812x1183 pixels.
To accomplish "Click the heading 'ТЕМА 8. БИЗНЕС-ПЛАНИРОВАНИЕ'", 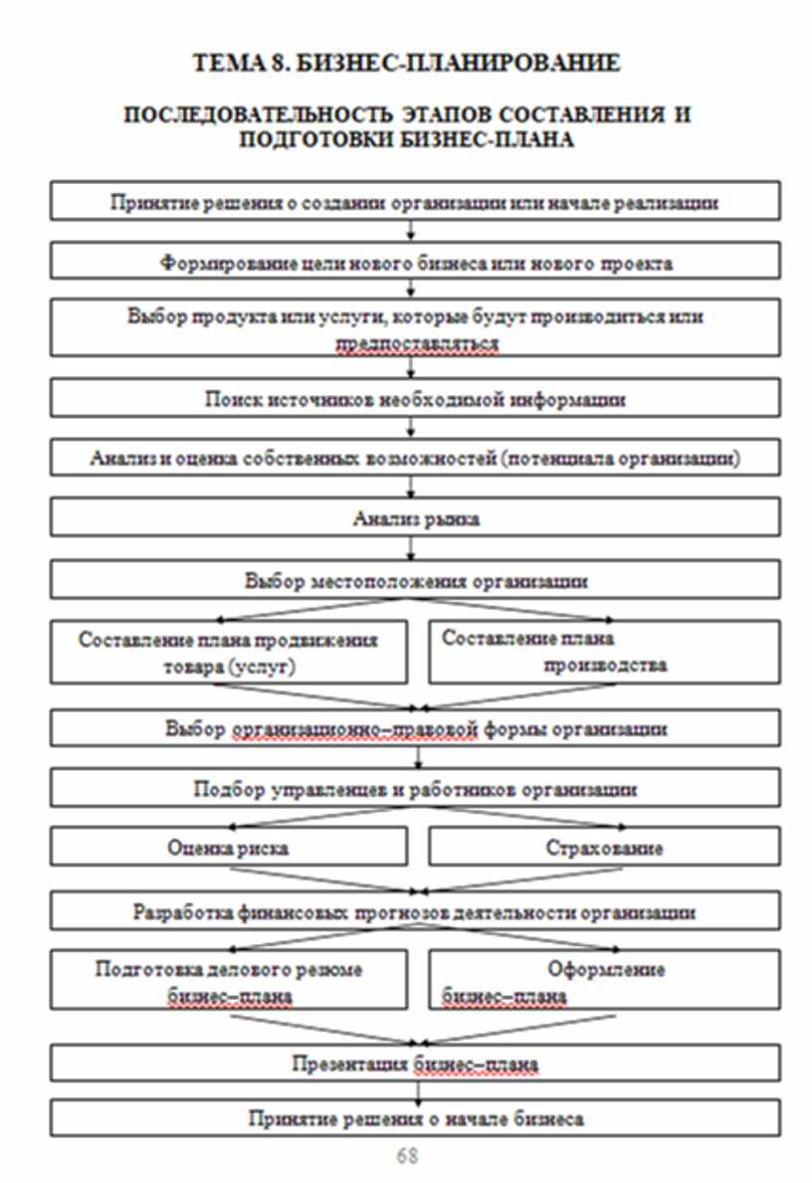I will [406, 64].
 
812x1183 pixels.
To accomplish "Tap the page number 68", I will [406, 1155].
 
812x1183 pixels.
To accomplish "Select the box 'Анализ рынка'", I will [415, 518].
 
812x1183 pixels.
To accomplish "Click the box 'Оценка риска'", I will [229, 849].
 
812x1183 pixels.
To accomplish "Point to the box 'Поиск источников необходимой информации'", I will [415, 399].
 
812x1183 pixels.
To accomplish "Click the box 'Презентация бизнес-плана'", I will [415, 1064].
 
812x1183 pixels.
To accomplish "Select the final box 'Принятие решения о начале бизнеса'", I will [415, 1118].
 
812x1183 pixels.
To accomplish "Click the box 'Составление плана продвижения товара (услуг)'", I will [229, 653].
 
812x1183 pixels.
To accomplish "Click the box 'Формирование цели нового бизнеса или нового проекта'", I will [415, 264].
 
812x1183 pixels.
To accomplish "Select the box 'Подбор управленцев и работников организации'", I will [415, 790].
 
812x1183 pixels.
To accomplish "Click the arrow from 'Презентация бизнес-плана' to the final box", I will [415, 1091].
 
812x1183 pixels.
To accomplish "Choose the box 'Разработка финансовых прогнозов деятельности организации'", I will [415, 911].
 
